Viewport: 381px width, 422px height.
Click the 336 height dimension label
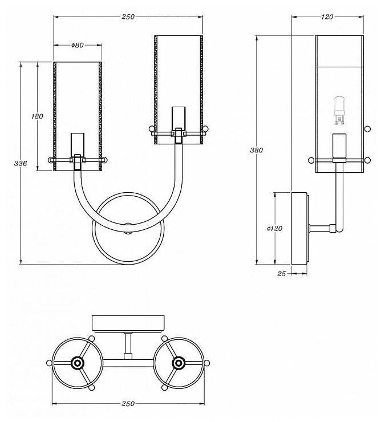[21, 164]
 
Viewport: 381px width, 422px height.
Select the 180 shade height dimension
[38, 116]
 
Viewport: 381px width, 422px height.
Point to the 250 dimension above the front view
[128, 17]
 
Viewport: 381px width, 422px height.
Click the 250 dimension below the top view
[128, 403]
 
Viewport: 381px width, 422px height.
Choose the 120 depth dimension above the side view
[327, 17]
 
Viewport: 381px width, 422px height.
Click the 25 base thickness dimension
[281, 274]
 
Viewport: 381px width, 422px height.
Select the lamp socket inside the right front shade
[179, 117]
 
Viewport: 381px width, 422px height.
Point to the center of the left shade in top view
[77, 362]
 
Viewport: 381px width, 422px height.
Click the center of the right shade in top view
[179, 362]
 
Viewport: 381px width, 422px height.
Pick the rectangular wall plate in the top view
[128, 324]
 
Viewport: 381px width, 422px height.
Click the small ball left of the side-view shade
[311, 160]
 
